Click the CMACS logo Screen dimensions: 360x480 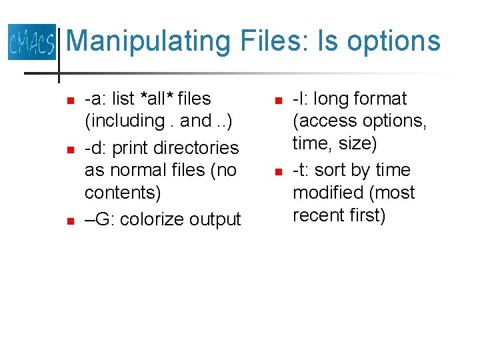(x=31, y=42)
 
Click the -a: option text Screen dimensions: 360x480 (x=95, y=99)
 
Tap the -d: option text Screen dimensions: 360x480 (x=95, y=148)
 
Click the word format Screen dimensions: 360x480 (x=379, y=99)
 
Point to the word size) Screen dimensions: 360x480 (x=358, y=144)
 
